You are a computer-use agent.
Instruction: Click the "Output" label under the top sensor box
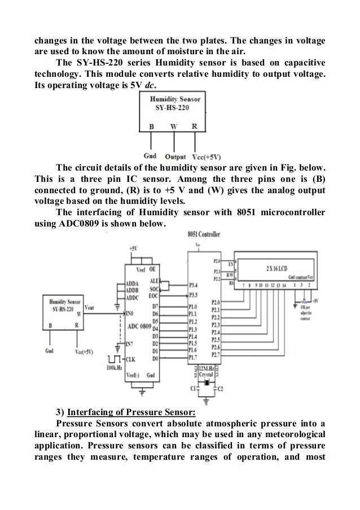click(175, 156)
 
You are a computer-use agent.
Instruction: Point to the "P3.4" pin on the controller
click(195, 286)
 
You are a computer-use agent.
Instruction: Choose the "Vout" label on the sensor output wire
click(89, 306)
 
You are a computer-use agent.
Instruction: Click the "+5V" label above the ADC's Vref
click(132, 248)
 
